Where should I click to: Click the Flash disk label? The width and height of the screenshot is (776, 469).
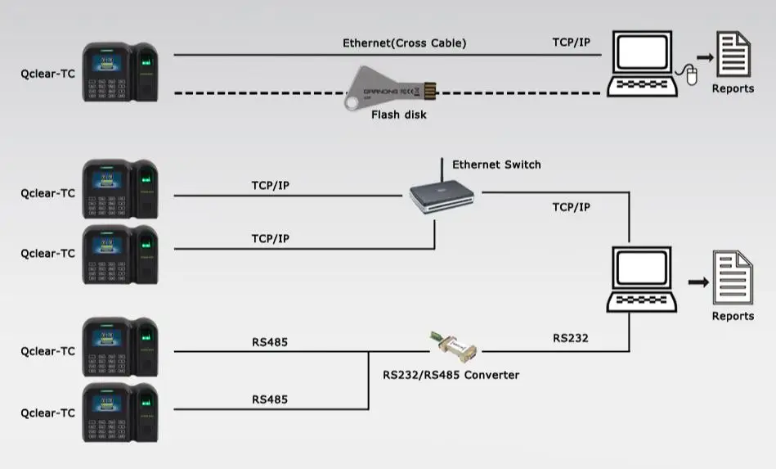pyautogui.click(x=398, y=115)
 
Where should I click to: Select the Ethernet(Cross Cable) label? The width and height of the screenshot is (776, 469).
pyautogui.click(x=404, y=43)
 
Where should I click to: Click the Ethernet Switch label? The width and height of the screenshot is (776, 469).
pyautogui.click(x=496, y=165)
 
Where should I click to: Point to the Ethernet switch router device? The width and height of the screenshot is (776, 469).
pyautogui.click(x=442, y=197)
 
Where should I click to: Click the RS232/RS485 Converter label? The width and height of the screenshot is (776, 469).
pyautogui.click(x=451, y=375)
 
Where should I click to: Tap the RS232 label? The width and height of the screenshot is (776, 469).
pyautogui.click(x=570, y=337)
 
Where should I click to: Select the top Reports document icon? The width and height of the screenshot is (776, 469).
pyautogui.click(x=733, y=55)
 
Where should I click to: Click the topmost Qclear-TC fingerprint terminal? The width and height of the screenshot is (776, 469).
pyautogui.click(x=120, y=73)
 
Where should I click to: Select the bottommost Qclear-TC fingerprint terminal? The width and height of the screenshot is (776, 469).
pyautogui.click(x=120, y=413)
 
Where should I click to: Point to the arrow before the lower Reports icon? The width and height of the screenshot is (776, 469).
pyautogui.click(x=698, y=282)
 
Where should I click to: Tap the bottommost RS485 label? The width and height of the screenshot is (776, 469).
pyautogui.click(x=270, y=400)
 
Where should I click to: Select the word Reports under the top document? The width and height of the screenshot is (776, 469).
pyautogui.click(x=733, y=88)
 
